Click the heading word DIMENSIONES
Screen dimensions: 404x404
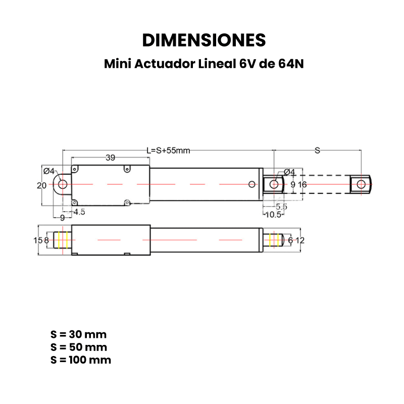(x=204, y=40)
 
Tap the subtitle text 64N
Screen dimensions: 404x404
(x=291, y=64)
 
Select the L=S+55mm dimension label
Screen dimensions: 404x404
(x=168, y=150)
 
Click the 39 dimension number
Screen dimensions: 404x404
(x=110, y=158)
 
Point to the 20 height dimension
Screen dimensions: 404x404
(x=41, y=185)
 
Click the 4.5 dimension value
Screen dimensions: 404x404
(x=79, y=212)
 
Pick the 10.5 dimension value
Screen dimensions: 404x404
(x=273, y=215)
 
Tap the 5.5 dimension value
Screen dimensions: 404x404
(x=281, y=207)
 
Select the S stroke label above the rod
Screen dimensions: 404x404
(x=318, y=150)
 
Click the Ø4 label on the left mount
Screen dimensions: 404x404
(x=49, y=171)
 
